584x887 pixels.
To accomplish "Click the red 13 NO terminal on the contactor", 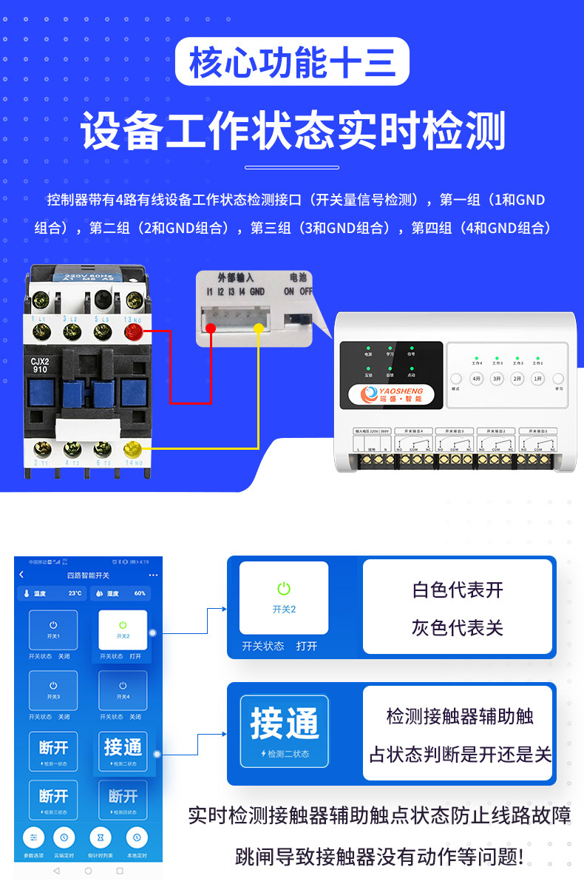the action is (134, 330).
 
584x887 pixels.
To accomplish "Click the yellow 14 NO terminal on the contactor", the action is (133, 448).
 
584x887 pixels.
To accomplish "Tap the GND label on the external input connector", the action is (257, 292).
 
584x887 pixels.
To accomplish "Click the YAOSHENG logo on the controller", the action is (390, 394).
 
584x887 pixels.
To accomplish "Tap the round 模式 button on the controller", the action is (456, 379).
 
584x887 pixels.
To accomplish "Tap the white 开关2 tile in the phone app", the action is (123, 630).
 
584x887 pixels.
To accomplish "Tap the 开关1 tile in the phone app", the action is (53, 630).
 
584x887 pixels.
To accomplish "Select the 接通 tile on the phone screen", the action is (123, 751).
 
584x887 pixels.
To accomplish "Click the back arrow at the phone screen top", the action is (21, 575).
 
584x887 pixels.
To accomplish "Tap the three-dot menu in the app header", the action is (153, 575).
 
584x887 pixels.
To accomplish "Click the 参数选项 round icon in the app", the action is (33, 837).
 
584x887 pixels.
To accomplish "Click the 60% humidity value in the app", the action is (140, 593).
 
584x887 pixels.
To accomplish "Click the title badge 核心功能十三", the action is (292, 62).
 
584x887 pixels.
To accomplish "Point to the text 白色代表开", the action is (458, 590).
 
